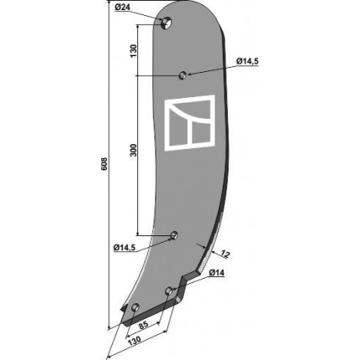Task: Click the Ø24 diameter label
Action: tap(122, 8)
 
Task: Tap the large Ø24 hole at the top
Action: tap(167, 23)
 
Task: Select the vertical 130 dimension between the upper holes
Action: tap(133, 51)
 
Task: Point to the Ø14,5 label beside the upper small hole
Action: tap(247, 61)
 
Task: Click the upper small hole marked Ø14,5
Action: tap(183, 75)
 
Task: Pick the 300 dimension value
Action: tap(134, 150)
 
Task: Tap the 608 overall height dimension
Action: tap(104, 165)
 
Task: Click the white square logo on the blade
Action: tap(190, 123)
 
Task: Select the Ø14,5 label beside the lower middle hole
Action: tap(125, 247)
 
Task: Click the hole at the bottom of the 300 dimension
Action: tap(174, 235)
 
